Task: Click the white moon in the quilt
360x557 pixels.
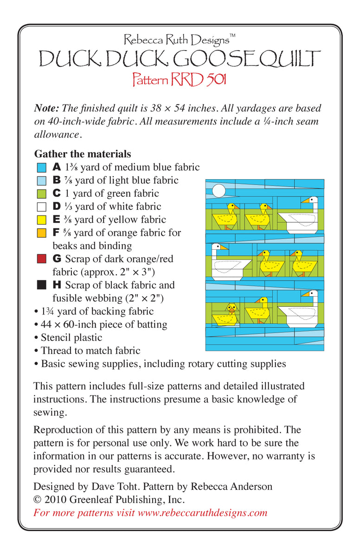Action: pos(219,190)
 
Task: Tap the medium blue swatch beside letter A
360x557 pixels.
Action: pos(41,167)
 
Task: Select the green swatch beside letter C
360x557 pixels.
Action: pos(41,194)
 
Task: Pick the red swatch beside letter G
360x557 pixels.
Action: pos(41,259)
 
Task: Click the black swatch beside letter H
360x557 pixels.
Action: pos(41,285)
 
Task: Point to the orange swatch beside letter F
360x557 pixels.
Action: pos(41,233)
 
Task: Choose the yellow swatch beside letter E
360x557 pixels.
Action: pos(41,220)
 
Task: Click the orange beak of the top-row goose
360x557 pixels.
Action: pos(305,201)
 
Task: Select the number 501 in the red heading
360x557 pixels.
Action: pos(215,79)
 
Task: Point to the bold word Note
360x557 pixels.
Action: pos(46,108)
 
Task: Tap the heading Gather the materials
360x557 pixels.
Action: pos(82,154)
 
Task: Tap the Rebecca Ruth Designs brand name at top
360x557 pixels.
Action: pos(176,40)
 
